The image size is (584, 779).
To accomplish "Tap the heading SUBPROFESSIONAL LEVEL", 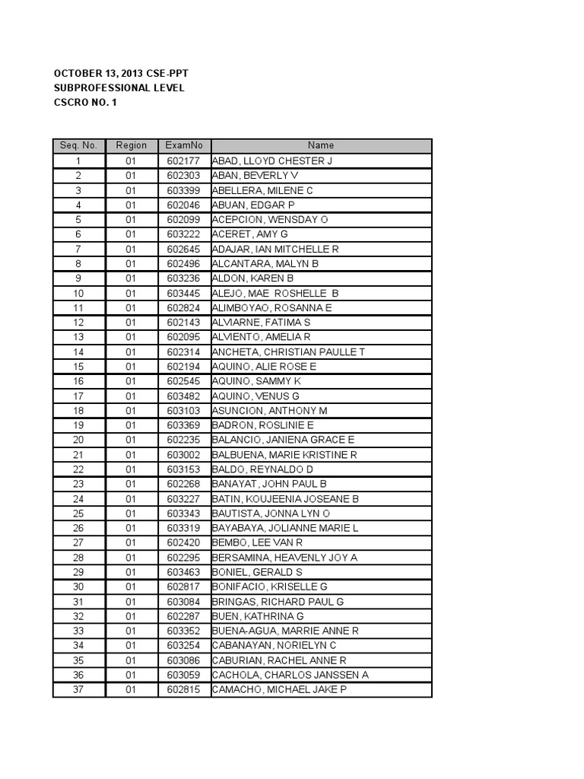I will point(119,88).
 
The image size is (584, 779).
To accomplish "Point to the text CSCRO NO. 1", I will point(85,103).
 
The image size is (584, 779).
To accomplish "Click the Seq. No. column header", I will point(78,146).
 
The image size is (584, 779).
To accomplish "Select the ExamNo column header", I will point(183,146).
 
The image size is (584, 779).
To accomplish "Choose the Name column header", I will point(321,146).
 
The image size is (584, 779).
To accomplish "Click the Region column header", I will point(131,146).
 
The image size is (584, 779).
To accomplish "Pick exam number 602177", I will point(183,161).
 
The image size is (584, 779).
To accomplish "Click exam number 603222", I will point(183,234).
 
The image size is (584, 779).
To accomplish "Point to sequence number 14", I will point(78,351).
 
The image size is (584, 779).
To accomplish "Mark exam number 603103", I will point(183,411).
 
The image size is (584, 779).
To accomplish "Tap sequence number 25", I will point(78,514).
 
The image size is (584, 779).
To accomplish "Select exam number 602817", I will point(183,587).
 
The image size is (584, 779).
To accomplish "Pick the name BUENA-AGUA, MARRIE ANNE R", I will point(285,631).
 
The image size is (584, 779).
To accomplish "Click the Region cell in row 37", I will point(131,689).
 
